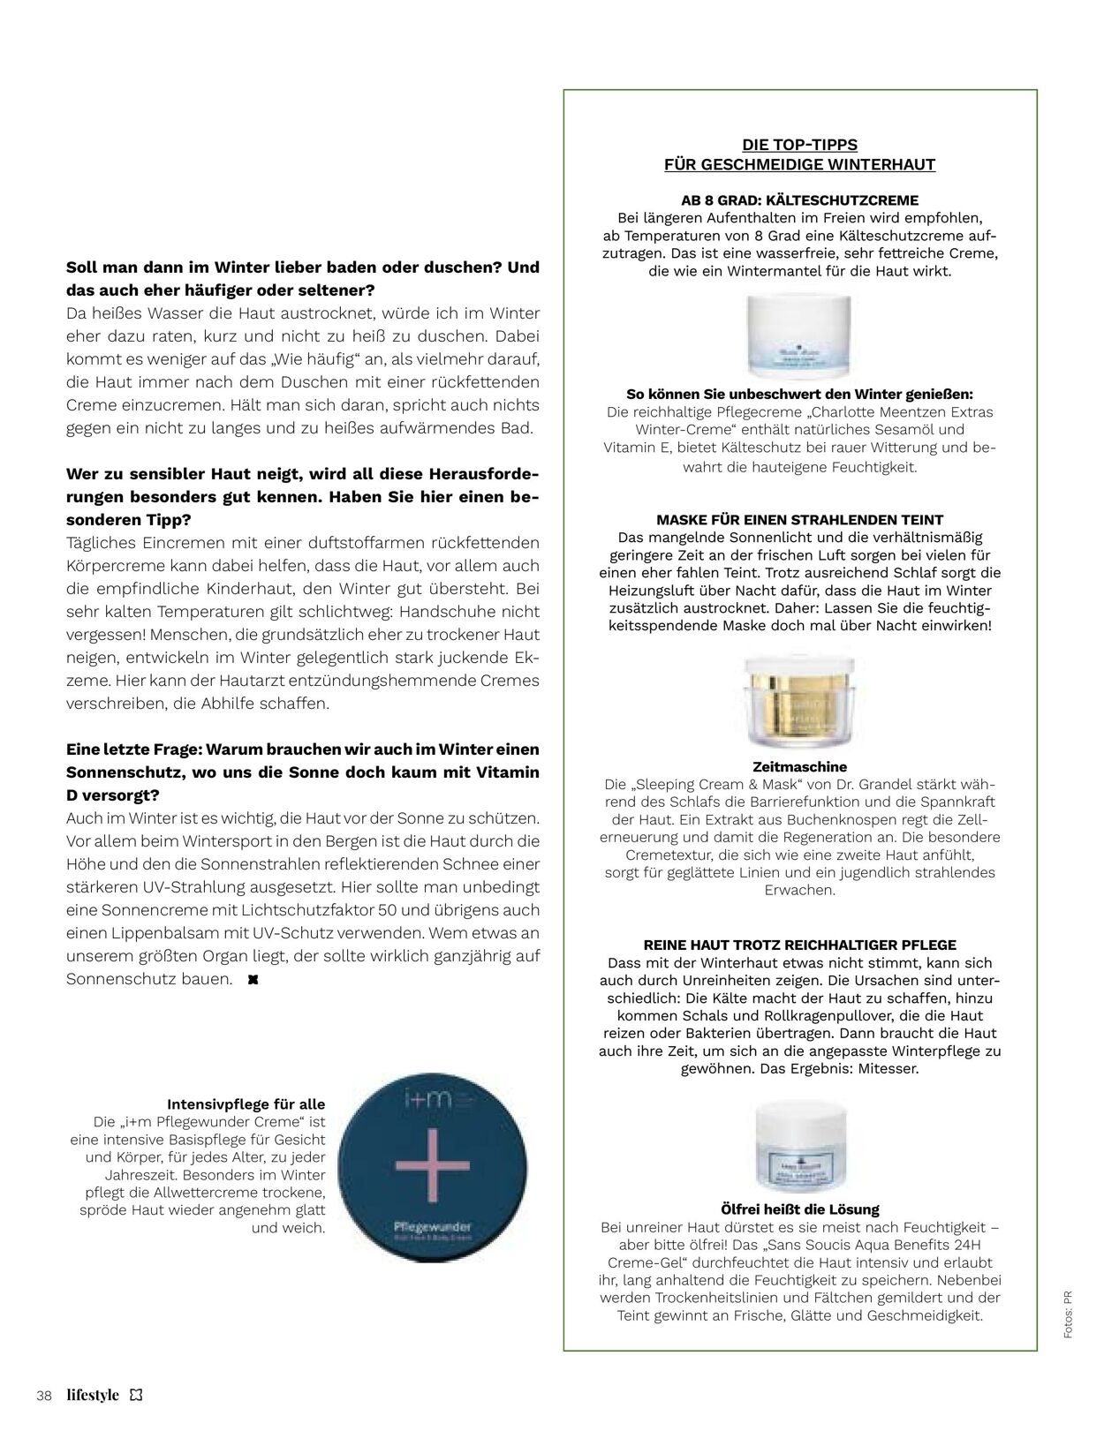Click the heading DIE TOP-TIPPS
(799, 145)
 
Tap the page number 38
(44, 1396)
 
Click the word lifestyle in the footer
(93, 1395)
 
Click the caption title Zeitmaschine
(799, 767)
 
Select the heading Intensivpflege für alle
(246, 1103)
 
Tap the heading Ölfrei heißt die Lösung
(799, 1209)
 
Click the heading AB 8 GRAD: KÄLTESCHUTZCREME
(799, 200)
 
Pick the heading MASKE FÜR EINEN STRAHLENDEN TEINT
(799, 520)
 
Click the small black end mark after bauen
(253, 980)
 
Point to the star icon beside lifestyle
(135, 1395)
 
